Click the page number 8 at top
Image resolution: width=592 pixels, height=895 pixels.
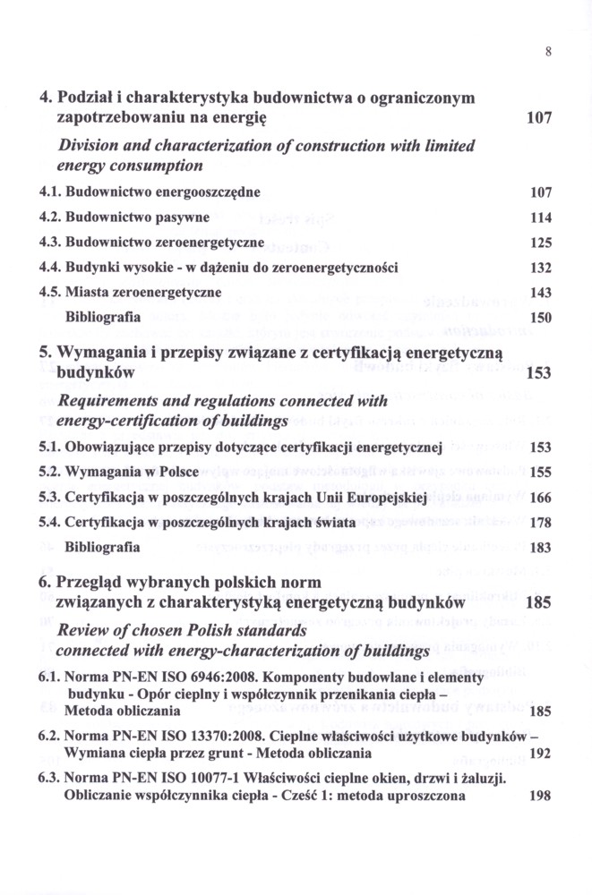click(x=547, y=52)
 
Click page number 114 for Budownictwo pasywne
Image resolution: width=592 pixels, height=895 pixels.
click(x=540, y=217)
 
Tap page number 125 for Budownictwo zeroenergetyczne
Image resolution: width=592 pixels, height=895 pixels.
click(x=540, y=243)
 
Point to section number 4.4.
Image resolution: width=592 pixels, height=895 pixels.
click(x=50, y=268)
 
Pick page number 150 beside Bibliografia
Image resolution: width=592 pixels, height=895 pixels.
click(x=540, y=318)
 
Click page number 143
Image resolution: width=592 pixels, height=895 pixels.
click(x=540, y=293)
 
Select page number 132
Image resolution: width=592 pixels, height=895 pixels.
click(x=540, y=268)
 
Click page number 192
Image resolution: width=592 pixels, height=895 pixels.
click(x=540, y=754)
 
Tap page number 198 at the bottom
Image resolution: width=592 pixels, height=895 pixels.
click(x=540, y=795)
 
